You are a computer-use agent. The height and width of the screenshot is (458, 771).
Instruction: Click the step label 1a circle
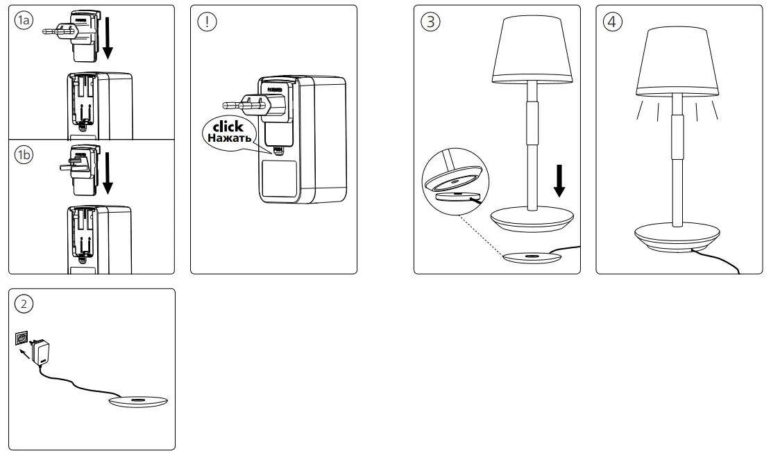[24, 21]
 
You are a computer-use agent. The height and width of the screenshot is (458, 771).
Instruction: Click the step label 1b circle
[24, 154]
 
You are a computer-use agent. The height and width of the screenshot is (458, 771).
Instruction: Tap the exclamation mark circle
[206, 21]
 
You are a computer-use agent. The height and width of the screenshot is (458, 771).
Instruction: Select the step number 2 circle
[24, 304]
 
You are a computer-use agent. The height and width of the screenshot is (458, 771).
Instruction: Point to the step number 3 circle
[430, 21]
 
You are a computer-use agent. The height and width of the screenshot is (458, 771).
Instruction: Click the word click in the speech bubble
[228, 126]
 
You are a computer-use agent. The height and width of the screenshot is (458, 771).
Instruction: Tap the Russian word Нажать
[228, 138]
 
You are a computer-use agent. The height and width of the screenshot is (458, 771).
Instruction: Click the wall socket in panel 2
[22, 339]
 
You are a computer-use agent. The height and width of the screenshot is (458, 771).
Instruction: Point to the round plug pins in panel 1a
[52, 31]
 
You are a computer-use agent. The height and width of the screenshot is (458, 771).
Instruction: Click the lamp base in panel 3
[532, 220]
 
